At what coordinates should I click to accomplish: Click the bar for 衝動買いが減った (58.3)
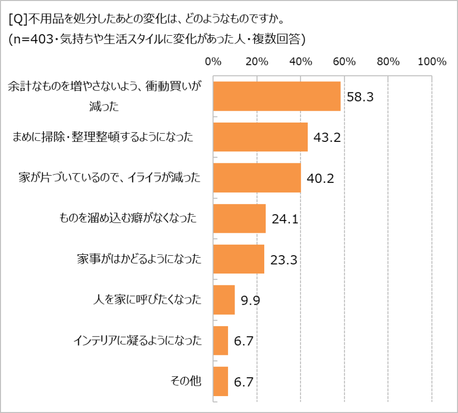click(277, 97)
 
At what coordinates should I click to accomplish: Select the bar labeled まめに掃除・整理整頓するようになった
click(261, 137)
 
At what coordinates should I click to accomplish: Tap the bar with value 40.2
click(257, 178)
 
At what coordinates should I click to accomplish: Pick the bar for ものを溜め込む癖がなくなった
click(240, 219)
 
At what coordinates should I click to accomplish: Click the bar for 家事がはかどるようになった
click(239, 259)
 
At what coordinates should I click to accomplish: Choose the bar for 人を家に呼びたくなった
click(224, 300)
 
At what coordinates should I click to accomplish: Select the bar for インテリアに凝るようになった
click(221, 341)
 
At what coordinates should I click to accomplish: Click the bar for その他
click(221, 381)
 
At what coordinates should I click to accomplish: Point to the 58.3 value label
click(360, 97)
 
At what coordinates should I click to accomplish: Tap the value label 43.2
click(327, 138)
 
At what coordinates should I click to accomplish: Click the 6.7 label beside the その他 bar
click(244, 382)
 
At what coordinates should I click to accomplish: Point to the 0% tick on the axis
click(213, 62)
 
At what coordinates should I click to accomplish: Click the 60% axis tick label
click(344, 62)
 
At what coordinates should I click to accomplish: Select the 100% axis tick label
click(432, 62)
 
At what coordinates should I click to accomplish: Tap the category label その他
click(185, 381)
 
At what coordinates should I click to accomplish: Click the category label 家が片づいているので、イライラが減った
click(110, 178)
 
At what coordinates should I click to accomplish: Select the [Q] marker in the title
click(18, 20)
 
